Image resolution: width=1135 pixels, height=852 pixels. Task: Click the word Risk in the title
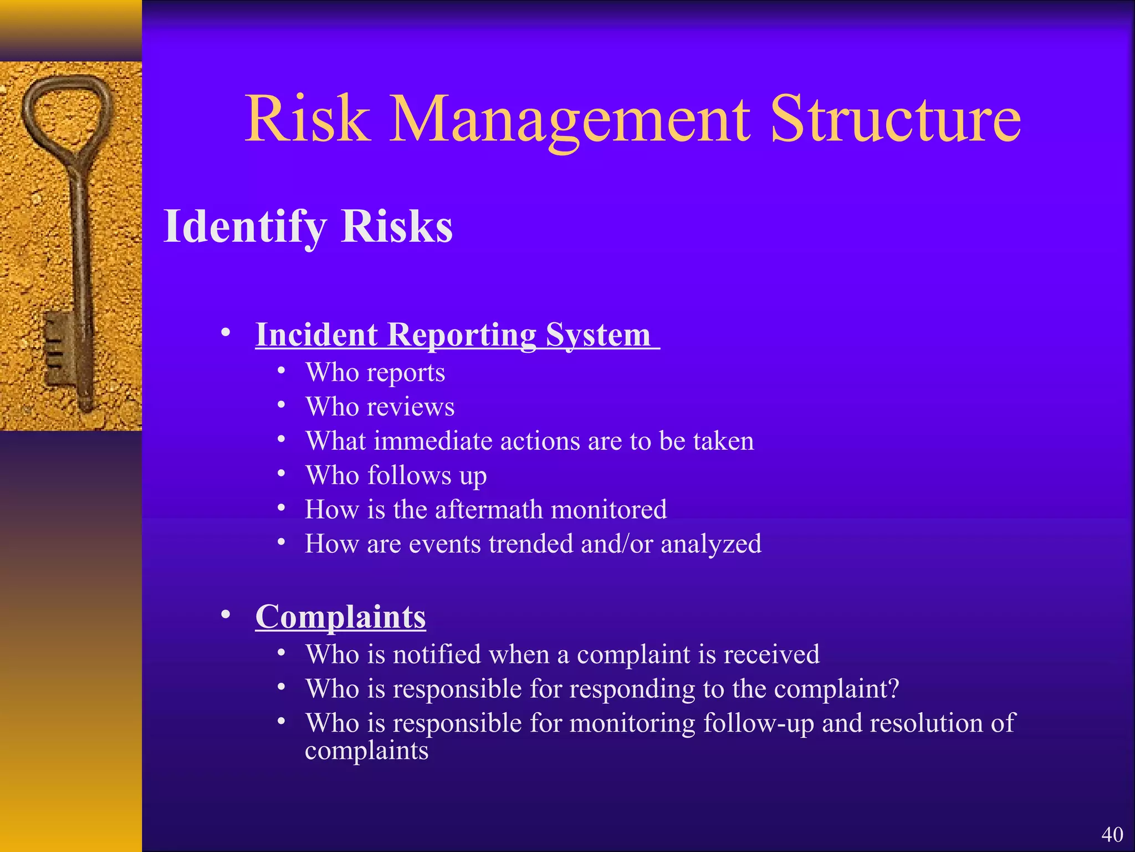click(308, 119)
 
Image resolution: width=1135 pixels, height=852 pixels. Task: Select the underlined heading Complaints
click(340, 617)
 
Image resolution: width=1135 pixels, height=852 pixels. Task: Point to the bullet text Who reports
click(375, 373)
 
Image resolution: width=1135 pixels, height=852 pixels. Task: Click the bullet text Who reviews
click(380, 407)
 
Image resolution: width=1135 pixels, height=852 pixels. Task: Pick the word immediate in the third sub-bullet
click(433, 442)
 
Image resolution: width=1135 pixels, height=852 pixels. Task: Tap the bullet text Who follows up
click(396, 476)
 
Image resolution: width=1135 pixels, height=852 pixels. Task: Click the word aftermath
click(488, 510)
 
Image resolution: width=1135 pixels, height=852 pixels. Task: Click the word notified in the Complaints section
click(437, 655)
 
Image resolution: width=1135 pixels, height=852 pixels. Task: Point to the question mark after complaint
click(893, 689)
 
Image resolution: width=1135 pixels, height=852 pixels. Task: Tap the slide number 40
click(1112, 834)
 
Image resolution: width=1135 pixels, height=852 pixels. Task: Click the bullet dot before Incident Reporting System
click(225, 333)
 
